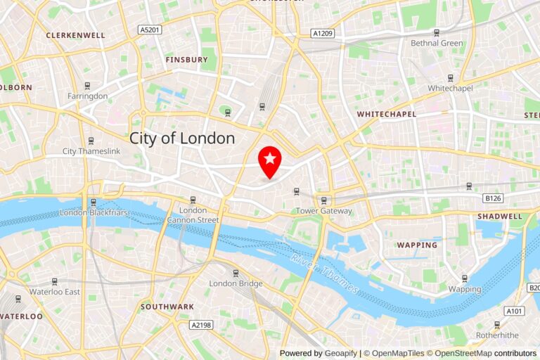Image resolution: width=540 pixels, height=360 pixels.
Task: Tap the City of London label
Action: click(x=182, y=139)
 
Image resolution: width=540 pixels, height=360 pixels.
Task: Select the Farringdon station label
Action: click(x=87, y=96)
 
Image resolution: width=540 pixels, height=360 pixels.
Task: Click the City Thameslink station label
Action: click(x=91, y=151)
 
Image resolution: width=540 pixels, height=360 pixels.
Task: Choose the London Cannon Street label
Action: click(x=193, y=215)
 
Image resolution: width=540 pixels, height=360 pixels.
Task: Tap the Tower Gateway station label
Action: click(x=323, y=211)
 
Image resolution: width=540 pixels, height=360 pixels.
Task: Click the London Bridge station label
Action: click(x=236, y=283)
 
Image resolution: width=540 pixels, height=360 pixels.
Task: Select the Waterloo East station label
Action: click(x=54, y=291)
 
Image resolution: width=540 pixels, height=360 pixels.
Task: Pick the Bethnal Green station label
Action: click(x=437, y=43)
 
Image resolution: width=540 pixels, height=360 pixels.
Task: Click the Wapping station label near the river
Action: click(x=465, y=289)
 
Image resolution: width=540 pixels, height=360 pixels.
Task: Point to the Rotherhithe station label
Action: click(x=497, y=335)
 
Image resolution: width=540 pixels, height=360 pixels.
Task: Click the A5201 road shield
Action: click(x=150, y=30)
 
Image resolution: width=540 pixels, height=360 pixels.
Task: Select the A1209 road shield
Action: click(x=323, y=33)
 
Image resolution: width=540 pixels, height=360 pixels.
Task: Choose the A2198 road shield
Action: click(x=201, y=325)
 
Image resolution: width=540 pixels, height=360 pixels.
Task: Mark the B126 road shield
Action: click(x=493, y=199)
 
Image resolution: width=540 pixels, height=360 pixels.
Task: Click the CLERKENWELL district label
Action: click(x=75, y=35)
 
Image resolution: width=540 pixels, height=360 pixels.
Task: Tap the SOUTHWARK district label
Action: click(x=167, y=307)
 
